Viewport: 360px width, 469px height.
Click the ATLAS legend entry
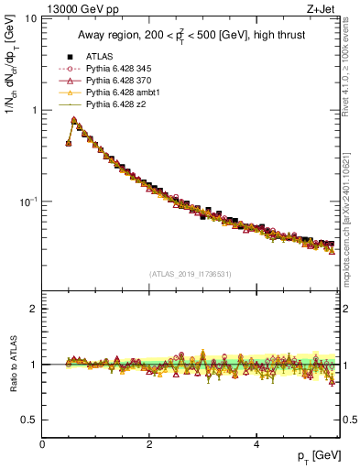coord(98,57)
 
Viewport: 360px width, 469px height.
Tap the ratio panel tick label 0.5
coord(29,420)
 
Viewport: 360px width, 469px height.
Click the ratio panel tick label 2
coord(33,309)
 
